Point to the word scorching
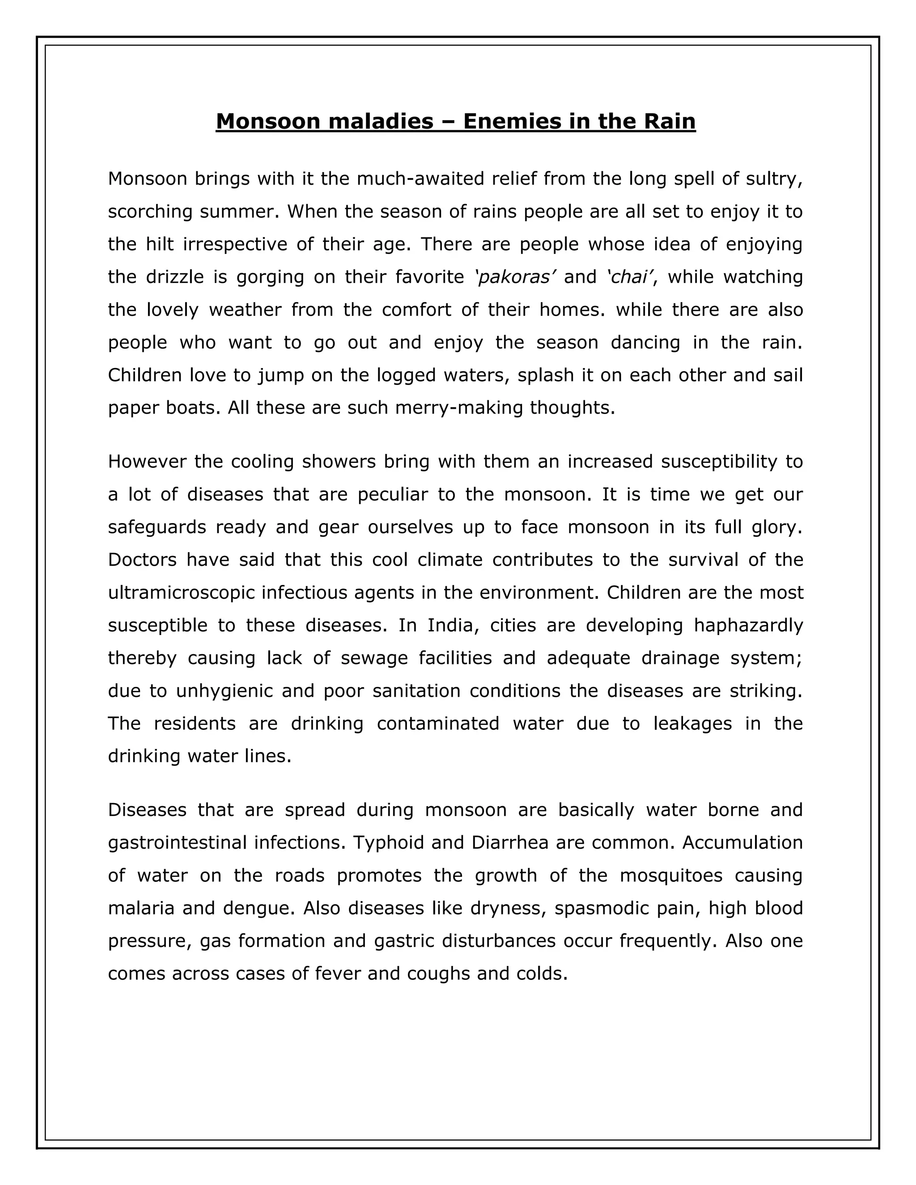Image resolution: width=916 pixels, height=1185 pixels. pyautogui.click(x=150, y=211)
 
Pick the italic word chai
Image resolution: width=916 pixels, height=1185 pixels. pyautogui.click(x=630, y=277)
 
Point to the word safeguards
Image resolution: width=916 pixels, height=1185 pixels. pyautogui.click(x=157, y=527)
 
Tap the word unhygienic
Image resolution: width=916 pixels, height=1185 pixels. pyautogui.click(x=224, y=691)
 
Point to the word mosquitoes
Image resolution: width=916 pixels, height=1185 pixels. pyautogui.click(x=671, y=875)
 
